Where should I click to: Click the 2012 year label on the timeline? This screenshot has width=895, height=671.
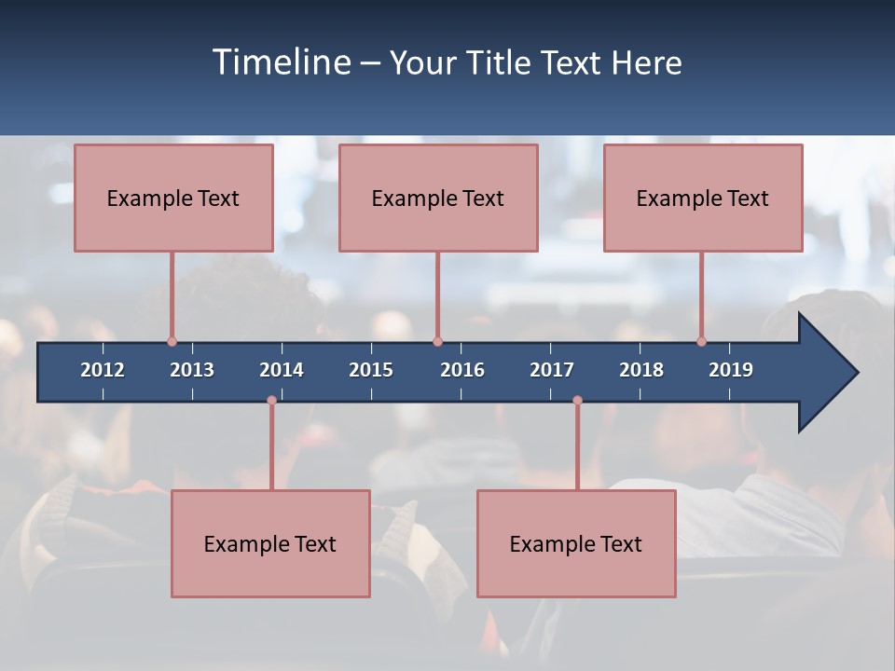[103, 370]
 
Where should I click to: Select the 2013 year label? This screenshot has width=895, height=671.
[192, 370]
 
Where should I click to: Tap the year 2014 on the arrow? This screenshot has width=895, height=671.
[282, 370]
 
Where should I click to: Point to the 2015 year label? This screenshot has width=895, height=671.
[371, 370]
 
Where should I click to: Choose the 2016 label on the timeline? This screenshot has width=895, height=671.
[462, 370]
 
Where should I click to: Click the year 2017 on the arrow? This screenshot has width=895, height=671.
[552, 370]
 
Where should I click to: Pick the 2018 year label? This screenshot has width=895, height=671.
[641, 370]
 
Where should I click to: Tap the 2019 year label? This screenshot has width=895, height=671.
[731, 370]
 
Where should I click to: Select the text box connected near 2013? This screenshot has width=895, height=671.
[173, 198]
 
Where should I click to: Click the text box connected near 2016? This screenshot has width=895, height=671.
[438, 198]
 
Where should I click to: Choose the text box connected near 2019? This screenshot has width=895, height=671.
[703, 198]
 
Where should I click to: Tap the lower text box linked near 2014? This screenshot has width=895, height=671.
[270, 543]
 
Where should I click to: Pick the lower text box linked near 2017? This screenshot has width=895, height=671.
[576, 543]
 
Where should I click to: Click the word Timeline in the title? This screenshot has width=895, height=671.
[282, 62]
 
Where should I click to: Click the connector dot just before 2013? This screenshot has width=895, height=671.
[172, 341]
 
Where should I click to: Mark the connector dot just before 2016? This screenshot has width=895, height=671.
[437, 341]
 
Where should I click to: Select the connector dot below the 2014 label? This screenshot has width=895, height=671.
[271, 400]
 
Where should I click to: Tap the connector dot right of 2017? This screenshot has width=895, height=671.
[577, 400]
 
